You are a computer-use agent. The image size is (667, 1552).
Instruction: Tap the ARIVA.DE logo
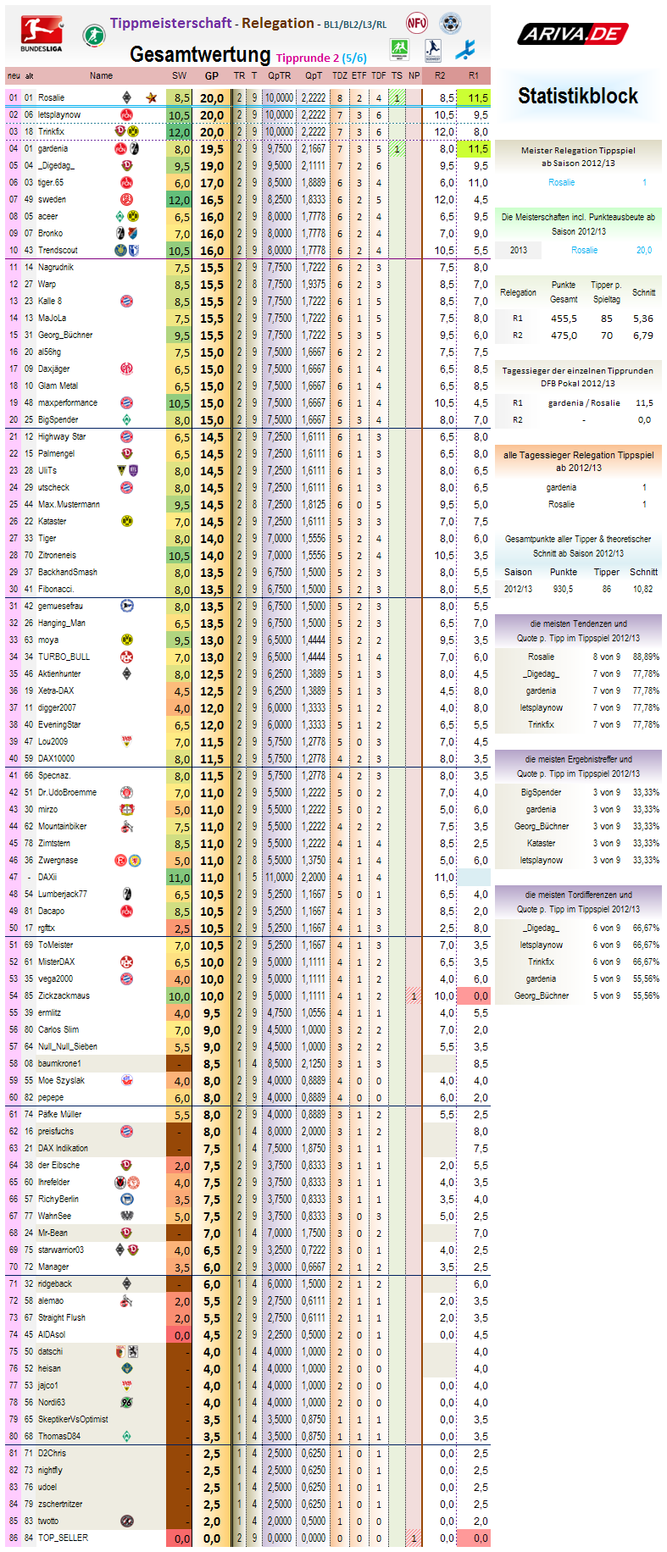572,34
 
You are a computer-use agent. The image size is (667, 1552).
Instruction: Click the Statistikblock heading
578,96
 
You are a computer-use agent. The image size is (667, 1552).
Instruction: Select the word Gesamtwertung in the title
200,54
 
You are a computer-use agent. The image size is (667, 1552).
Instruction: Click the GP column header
212,75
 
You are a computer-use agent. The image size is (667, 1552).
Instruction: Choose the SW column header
180,75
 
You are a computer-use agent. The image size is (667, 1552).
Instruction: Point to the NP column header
414,75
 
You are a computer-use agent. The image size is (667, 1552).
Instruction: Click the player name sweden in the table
52,200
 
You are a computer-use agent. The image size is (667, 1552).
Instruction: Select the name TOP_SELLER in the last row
63,1538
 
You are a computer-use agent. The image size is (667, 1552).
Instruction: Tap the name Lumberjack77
62,894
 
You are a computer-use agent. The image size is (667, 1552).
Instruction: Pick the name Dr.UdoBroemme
67,792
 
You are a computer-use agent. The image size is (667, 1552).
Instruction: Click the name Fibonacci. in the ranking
56,589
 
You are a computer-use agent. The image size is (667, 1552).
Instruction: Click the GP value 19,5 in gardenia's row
212,149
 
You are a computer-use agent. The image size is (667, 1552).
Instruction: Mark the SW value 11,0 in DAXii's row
179,878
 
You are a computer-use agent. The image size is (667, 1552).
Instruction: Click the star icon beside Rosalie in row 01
152,97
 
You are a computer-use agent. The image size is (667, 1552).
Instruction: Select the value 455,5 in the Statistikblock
564,319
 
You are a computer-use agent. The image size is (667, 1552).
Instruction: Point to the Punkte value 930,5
563,589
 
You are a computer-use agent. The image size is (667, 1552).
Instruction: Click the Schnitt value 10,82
643,589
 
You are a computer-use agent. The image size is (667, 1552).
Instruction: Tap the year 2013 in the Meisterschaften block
519,250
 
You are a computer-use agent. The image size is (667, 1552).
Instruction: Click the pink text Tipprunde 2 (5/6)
321,58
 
